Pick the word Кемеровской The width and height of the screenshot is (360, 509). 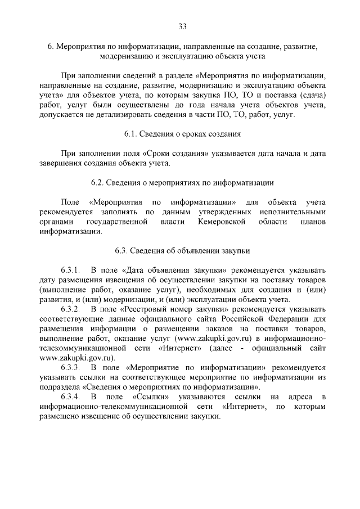point(224,222)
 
